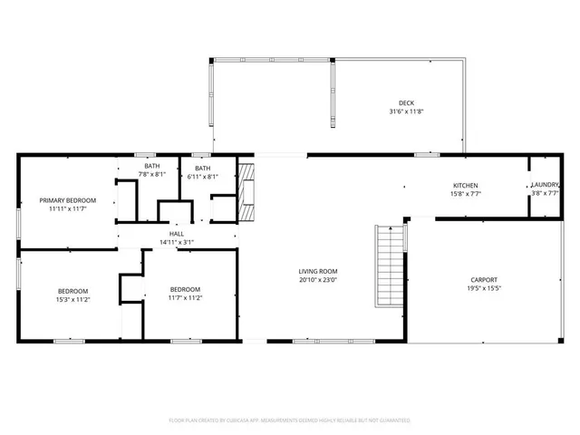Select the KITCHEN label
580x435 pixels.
[466, 185]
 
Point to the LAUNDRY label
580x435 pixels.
[546, 185]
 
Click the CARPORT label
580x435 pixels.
[484, 279]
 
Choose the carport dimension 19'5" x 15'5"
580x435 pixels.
[484, 288]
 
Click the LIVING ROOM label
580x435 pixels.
[318, 271]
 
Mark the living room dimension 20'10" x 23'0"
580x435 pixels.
[318, 280]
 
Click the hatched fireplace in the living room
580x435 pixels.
[246, 191]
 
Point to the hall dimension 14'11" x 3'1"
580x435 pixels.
[177, 242]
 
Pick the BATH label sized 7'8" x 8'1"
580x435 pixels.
[151, 166]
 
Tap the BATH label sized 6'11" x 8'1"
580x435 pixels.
[203, 169]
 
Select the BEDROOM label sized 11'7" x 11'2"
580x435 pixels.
[185, 289]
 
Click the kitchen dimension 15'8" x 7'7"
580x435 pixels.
[466, 194]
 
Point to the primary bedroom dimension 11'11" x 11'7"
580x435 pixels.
[67, 208]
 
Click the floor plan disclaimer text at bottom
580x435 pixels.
[290, 420]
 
